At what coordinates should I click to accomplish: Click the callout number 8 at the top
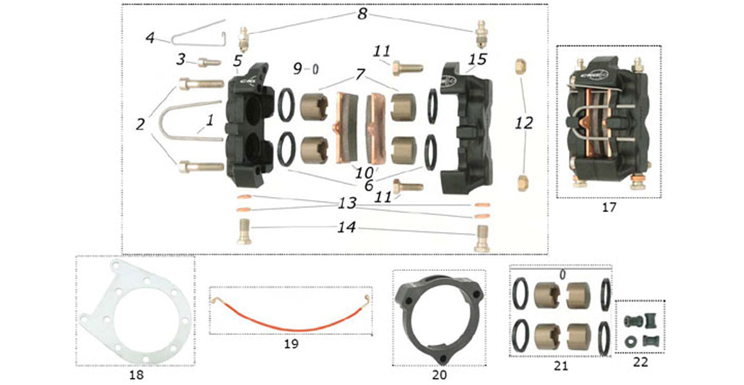tap(362, 13)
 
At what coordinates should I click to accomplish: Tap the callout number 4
tap(150, 38)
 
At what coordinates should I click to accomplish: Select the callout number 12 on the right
tap(524, 123)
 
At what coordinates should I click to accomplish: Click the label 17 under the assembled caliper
tap(609, 208)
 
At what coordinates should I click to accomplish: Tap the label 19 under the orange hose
tap(291, 343)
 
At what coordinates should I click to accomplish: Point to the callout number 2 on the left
tap(141, 124)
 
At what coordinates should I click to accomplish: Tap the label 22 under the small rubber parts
tap(639, 362)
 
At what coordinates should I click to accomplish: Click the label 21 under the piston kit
tap(561, 366)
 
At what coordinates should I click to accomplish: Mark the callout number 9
tap(297, 67)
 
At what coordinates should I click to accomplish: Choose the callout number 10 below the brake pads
tap(362, 173)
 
